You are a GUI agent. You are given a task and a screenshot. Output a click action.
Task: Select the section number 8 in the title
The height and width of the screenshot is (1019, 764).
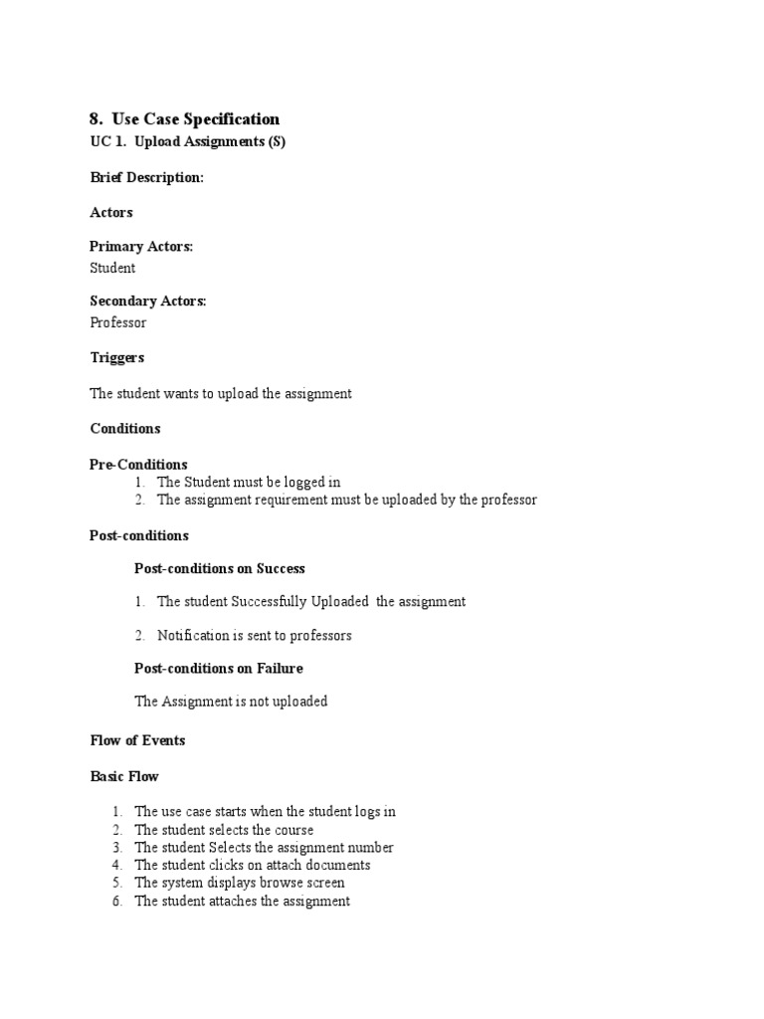click(x=95, y=119)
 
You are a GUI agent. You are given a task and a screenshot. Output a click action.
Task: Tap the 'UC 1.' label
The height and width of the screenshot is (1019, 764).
click(x=106, y=141)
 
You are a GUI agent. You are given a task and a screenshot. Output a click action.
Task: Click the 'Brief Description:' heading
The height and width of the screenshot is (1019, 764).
click(x=146, y=177)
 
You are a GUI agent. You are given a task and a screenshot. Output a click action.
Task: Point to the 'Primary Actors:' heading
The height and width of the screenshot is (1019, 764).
click(x=140, y=247)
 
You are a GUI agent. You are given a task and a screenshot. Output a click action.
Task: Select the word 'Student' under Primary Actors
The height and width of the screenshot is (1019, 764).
click(x=112, y=268)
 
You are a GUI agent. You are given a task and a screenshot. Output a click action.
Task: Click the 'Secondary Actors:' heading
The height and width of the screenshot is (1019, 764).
click(x=147, y=302)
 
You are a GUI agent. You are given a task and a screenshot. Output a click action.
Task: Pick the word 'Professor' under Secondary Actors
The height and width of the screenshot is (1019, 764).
click(x=118, y=322)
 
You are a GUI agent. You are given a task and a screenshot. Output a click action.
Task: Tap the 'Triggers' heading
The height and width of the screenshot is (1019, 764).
click(x=116, y=357)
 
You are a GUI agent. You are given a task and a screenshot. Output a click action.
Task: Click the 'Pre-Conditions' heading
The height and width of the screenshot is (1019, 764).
click(x=138, y=465)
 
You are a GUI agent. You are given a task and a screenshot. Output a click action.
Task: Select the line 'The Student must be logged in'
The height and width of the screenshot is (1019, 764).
click(x=249, y=483)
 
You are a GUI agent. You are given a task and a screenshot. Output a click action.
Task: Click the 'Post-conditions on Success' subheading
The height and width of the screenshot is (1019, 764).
click(x=219, y=569)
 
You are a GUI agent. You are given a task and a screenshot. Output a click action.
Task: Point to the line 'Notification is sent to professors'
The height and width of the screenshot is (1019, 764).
click(x=255, y=635)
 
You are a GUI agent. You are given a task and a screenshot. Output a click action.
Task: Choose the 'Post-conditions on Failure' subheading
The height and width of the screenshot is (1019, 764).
click(x=218, y=669)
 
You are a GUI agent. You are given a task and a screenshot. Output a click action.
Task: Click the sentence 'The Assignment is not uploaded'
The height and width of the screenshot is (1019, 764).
click(x=231, y=702)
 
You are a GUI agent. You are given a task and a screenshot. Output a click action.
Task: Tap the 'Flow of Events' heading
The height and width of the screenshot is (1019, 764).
click(x=137, y=740)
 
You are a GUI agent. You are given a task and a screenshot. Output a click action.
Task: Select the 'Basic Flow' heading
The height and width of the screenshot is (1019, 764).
click(x=123, y=776)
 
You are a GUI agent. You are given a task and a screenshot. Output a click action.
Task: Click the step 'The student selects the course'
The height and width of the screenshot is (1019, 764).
click(x=224, y=830)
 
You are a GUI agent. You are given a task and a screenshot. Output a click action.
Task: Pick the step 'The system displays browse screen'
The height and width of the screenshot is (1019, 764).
click(x=240, y=883)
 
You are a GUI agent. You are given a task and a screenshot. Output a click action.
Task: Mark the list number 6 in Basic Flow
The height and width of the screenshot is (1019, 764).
click(x=116, y=902)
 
